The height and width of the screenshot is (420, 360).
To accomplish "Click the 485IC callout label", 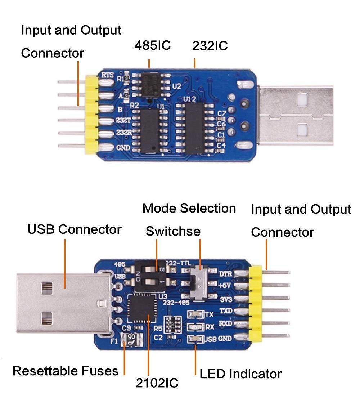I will point(152,46).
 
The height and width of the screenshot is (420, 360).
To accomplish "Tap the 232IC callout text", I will point(210,46).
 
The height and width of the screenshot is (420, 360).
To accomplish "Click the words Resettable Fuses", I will point(65,371).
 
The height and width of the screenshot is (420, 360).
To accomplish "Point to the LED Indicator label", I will point(240,374).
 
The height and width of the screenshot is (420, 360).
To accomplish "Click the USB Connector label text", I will point(74,229).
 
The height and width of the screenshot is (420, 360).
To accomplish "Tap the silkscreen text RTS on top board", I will point(108,75).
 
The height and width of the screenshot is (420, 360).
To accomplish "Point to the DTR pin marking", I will point(225,274).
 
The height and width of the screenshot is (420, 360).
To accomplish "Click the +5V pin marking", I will point(225,286).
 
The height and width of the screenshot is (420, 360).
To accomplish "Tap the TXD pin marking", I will point(226,310).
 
